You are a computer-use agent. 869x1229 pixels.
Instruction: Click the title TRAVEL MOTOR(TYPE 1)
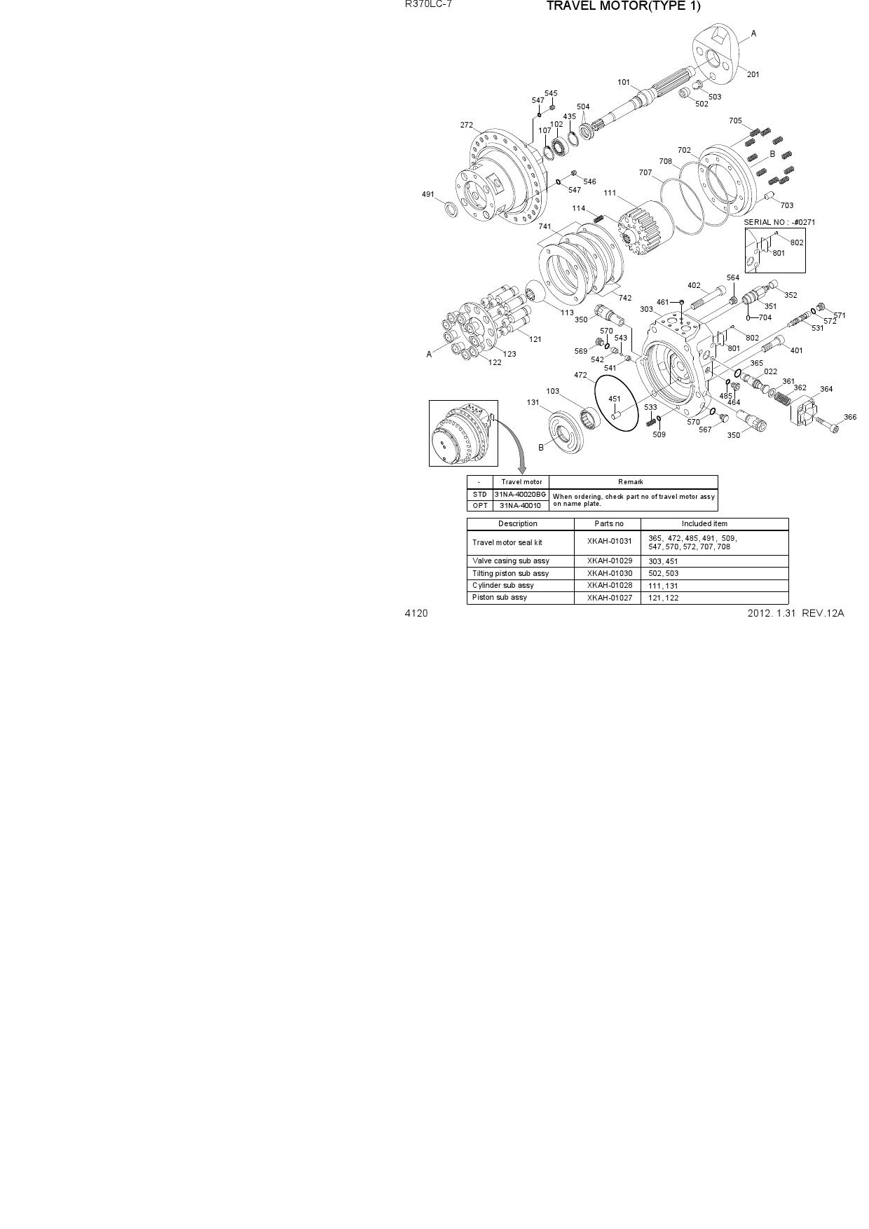click(x=623, y=6)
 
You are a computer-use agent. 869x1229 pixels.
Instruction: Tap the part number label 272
click(x=466, y=125)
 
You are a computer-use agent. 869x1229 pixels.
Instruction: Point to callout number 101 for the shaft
click(x=624, y=82)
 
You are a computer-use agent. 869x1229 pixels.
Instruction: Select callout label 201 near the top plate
click(x=753, y=74)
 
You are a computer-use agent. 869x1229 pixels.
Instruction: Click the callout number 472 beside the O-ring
click(x=580, y=376)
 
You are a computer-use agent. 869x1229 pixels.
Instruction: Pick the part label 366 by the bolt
click(x=850, y=417)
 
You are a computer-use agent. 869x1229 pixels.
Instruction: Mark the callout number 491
click(x=428, y=194)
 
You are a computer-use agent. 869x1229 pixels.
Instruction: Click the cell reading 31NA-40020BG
click(x=521, y=495)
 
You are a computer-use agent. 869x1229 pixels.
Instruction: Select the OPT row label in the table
click(x=480, y=505)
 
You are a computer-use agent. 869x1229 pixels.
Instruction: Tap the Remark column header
click(x=631, y=482)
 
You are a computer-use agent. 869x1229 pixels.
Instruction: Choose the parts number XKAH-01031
click(x=610, y=541)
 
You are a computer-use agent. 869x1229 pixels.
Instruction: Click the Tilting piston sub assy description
click(x=511, y=573)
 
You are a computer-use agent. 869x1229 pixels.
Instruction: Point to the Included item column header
click(x=705, y=523)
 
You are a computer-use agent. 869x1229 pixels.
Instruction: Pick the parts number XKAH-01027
click(x=610, y=598)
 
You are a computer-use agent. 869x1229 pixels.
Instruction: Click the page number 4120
click(x=416, y=613)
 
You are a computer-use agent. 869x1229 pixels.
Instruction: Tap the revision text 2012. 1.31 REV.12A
click(x=796, y=613)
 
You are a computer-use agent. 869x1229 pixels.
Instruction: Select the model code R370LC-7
click(x=429, y=4)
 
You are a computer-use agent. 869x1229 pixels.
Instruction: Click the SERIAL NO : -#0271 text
click(x=779, y=222)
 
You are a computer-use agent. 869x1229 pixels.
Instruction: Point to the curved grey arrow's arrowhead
click(x=522, y=469)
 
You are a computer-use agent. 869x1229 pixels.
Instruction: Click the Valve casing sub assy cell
click(x=511, y=561)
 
